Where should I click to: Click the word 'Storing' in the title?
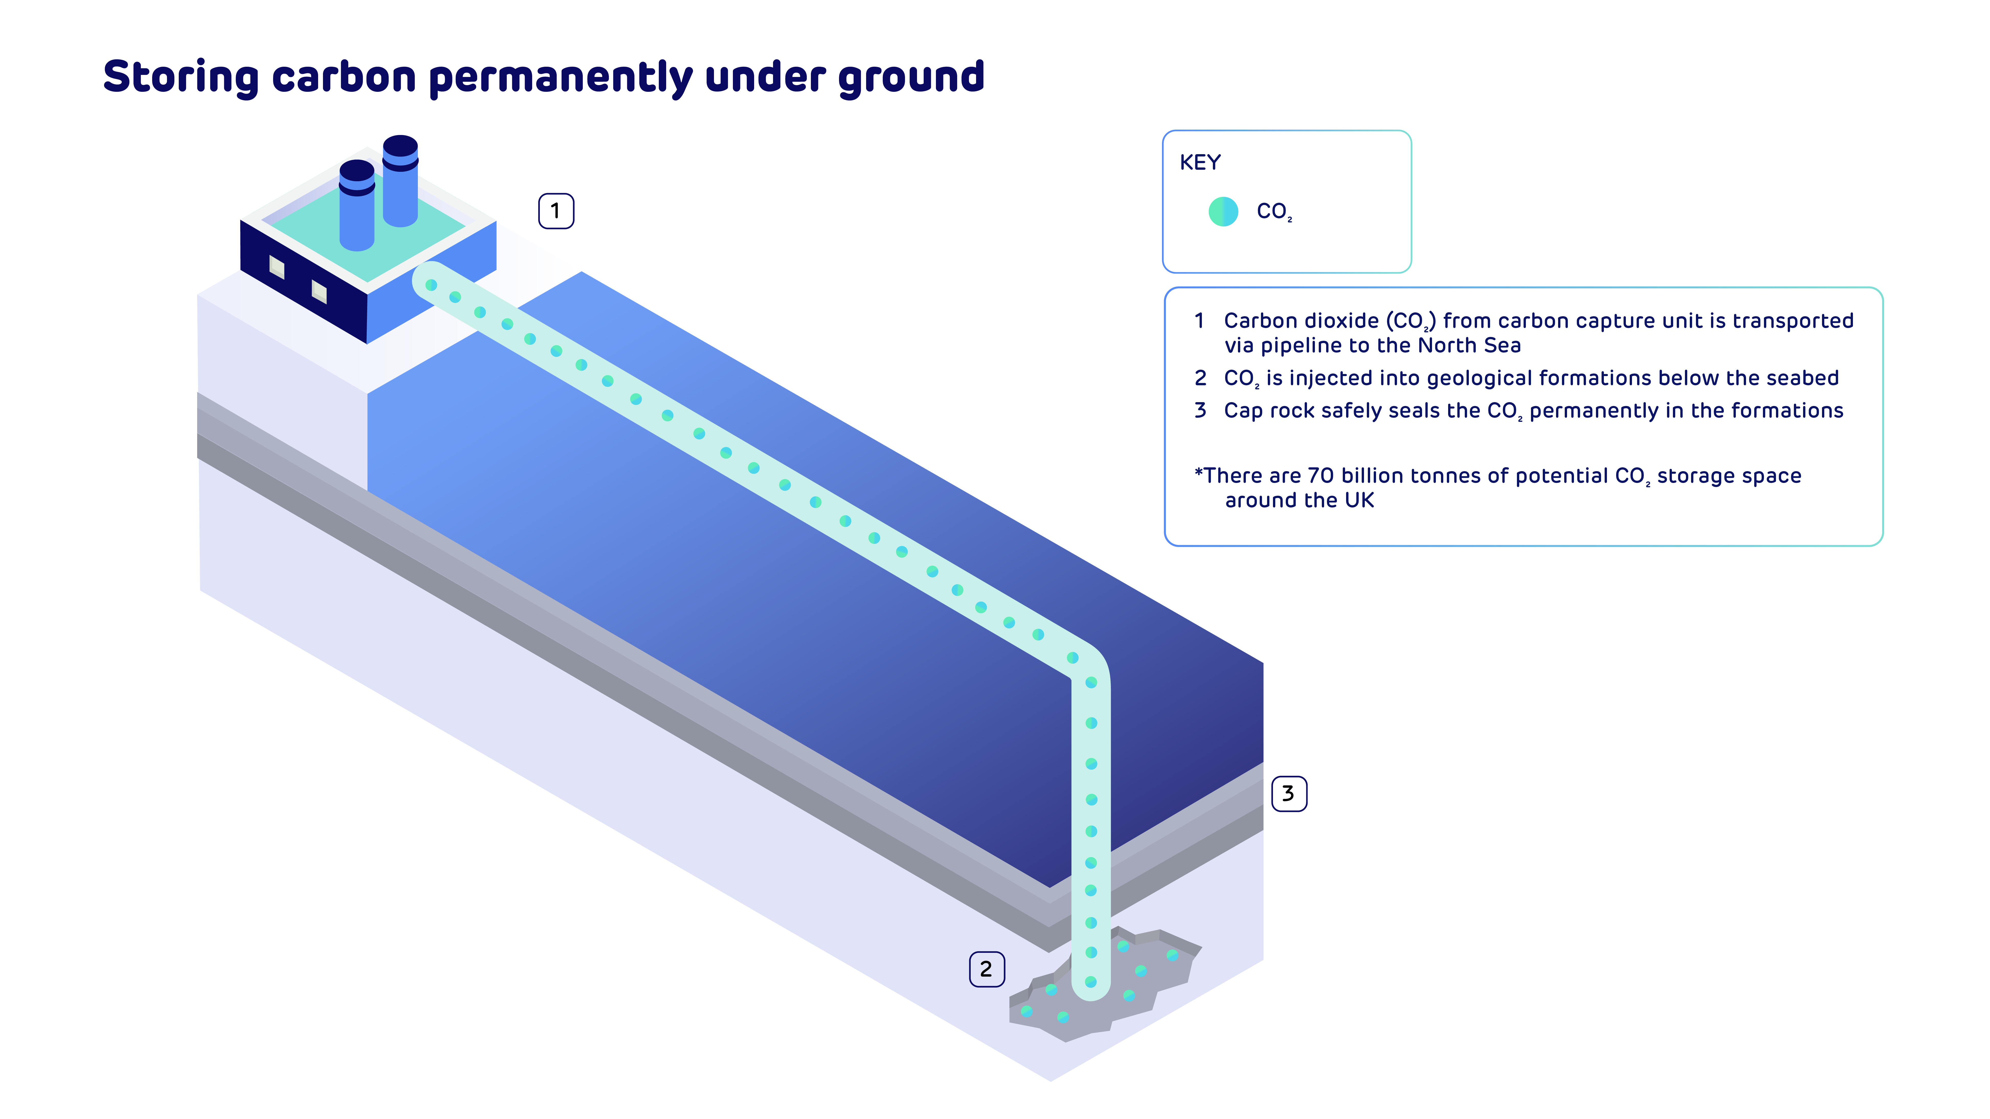(x=181, y=77)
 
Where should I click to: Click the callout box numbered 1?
(x=555, y=211)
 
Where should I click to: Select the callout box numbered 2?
(x=986, y=969)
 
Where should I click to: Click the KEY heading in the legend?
(x=1200, y=163)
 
